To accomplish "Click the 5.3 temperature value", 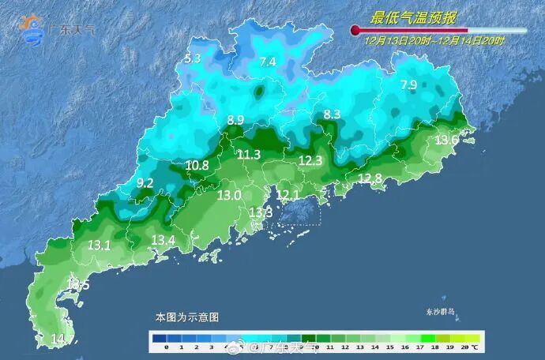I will (x=193, y=58).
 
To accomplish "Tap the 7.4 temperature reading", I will (x=268, y=62).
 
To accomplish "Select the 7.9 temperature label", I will (x=408, y=85).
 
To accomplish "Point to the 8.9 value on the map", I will (x=235, y=120).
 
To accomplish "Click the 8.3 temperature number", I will (x=332, y=115).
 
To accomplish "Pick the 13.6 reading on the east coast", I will (x=447, y=140).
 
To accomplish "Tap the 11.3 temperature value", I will (x=249, y=155).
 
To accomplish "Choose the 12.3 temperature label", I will (x=310, y=161).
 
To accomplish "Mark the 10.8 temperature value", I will (x=197, y=166).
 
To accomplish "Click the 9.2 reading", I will (x=145, y=183).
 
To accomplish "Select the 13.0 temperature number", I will (x=229, y=195).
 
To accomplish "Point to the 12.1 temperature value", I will (x=288, y=195).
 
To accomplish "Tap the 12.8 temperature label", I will (x=370, y=178).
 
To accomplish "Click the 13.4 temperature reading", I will (x=163, y=240).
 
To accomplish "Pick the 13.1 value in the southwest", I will (x=99, y=246).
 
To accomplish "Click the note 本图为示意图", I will (x=186, y=317).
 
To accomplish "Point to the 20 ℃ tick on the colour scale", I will (x=467, y=347).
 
